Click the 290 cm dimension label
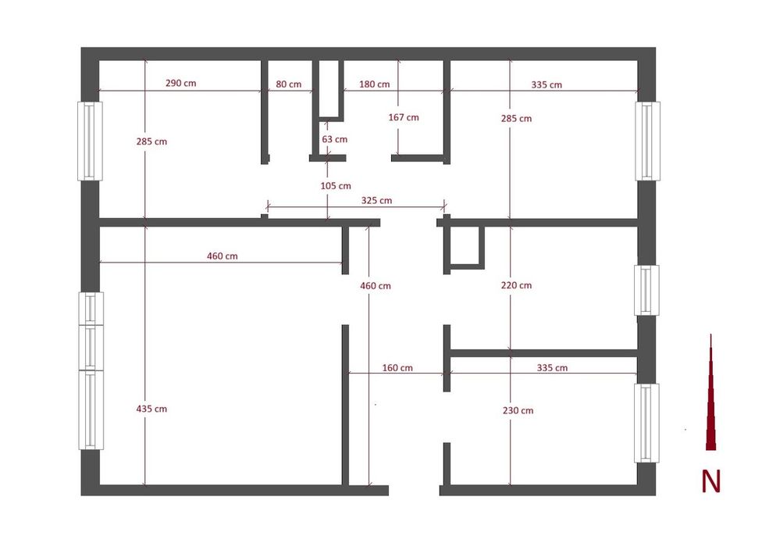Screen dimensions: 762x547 tap(181, 83)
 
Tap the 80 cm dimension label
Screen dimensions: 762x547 tap(289, 84)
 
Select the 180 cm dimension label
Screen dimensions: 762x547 tap(374, 84)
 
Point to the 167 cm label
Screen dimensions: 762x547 tap(404, 117)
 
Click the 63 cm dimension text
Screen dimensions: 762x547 tap(335, 139)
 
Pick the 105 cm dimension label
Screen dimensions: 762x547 tap(336, 186)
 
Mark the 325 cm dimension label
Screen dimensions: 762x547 tap(376, 200)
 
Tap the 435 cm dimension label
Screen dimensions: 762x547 tap(151, 409)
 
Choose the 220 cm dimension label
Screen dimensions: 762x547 tap(516, 285)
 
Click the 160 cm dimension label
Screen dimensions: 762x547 tap(397, 367)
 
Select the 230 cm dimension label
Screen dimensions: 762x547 tap(518, 410)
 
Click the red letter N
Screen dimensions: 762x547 tap(710, 481)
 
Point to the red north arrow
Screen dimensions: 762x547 tap(710, 392)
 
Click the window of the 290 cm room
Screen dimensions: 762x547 tap(90, 141)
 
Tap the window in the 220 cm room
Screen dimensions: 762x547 tap(646, 290)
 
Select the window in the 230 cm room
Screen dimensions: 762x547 tap(646, 423)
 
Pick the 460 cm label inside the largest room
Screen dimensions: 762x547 tap(222, 256)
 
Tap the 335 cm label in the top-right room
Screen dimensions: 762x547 tap(547, 84)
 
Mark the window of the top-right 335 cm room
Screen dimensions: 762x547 tap(648, 141)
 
